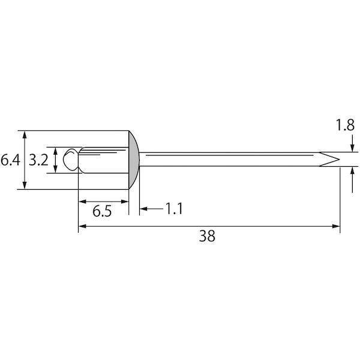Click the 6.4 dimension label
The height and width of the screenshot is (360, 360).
pyautogui.click(x=10, y=160)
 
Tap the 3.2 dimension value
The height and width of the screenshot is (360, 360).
pyautogui.click(x=38, y=160)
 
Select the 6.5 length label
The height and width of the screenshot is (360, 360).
pyautogui.click(x=102, y=211)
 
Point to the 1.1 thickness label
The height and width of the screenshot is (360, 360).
pyautogui.click(x=174, y=209)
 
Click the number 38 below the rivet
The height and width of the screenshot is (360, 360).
pyautogui.click(x=207, y=236)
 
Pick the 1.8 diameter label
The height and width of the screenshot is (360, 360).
pyautogui.click(x=345, y=125)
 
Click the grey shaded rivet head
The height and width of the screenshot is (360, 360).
pyautogui.click(x=134, y=160)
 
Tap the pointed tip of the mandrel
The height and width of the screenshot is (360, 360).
pyautogui.click(x=340, y=160)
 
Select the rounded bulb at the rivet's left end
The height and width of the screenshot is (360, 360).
pyautogui.click(x=71, y=160)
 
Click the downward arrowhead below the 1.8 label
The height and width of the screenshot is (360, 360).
pyautogui.click(x=353, y=148)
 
